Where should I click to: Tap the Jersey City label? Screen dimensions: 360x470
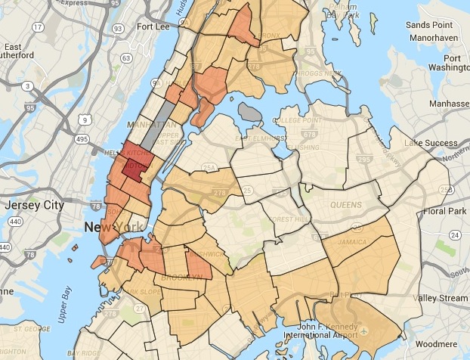tap(31, 206)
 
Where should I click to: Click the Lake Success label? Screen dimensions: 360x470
tap(431, 143)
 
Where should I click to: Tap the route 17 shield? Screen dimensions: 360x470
tap(38, 29)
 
